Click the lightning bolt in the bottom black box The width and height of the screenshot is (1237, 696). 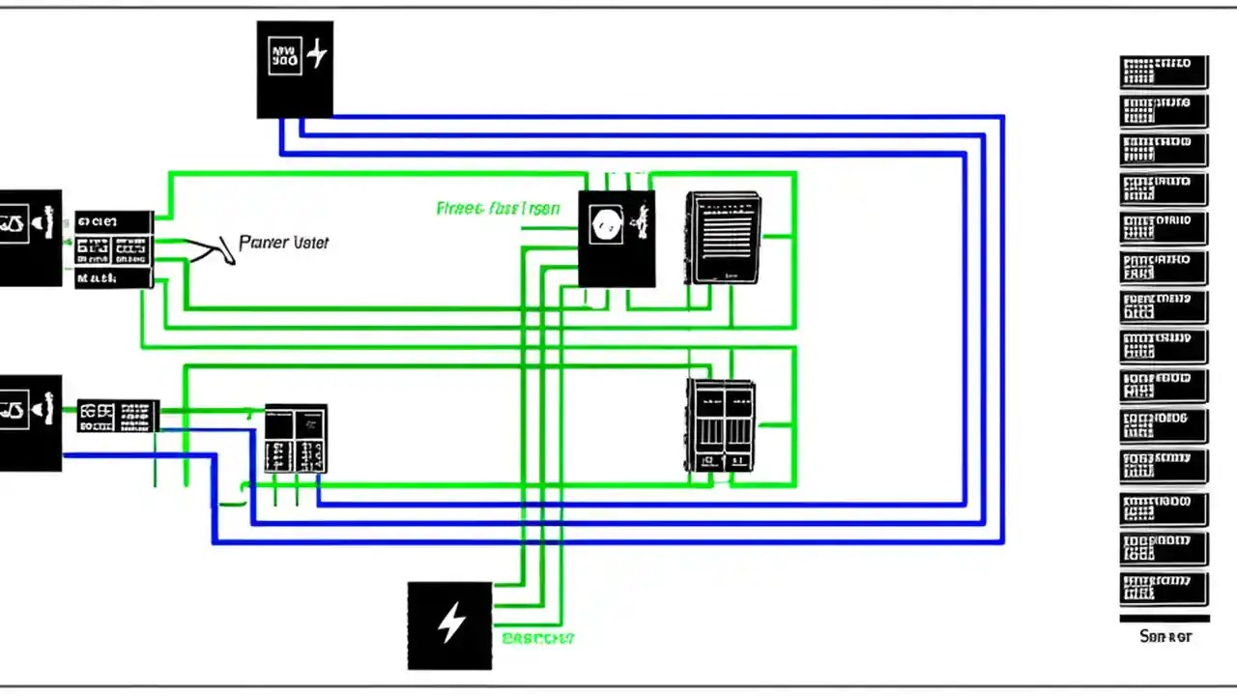pyautogui.click(x=450, y=623)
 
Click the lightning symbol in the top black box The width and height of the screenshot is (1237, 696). pyautogui.click(x=316, y=55)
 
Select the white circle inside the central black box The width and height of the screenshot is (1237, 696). pyautogui.click(x=605, y=226)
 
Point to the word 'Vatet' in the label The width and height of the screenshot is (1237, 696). pyautogui.click(x=311, y=242)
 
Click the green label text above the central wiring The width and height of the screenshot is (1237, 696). pyautogui.click(x=497, y=208)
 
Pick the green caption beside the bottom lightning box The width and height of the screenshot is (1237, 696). pyautogui.click(x=538, y=638)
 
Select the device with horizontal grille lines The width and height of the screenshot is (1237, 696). pyautogui.click(x=724, y=238)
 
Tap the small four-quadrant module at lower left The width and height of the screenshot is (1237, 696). pyautogui.click(x=296, y=438)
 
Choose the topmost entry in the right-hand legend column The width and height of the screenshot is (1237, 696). pyautogui.click(x=1164, y=72)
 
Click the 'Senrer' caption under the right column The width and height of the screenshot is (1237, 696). pyautogui.click(x=1165, y=636)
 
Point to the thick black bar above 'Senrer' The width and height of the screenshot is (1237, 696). pyautogui.click(x=1164, y=619)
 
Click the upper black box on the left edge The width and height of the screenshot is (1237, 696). pyautogui.click(x=30, y=238)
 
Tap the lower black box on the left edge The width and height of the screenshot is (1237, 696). pyautogui.click(x=30, y=423)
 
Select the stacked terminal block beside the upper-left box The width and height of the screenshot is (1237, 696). pyautogui.click(x=114, y=249)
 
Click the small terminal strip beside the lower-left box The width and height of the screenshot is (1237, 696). pyautogui.click(x=118, y=416)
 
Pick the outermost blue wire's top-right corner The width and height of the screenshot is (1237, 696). pyautogui.click(x=1002, y=117)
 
